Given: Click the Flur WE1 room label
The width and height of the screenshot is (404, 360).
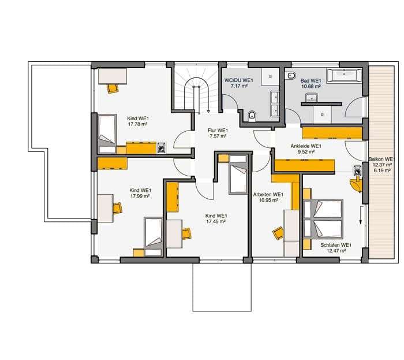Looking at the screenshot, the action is (218, 131).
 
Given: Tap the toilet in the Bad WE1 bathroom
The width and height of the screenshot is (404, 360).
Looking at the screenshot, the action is (291, 75).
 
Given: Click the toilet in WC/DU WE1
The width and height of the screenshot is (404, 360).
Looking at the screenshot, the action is (252, 116).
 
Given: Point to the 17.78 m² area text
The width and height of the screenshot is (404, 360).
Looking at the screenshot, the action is (137, 124).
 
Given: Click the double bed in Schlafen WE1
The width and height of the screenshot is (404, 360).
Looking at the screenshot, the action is (323, 218).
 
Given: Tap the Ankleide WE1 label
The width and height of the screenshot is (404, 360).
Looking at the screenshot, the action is (306, 146).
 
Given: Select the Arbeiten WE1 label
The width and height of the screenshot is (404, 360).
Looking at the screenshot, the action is (268, 195).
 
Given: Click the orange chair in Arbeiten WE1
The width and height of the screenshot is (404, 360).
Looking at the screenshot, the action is (278, 233).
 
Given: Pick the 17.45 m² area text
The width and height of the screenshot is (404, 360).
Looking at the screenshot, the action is (216, 221).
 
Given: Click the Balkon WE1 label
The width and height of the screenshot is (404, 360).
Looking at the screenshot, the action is (380, 159).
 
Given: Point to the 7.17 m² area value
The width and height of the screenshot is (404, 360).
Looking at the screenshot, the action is (239, 86).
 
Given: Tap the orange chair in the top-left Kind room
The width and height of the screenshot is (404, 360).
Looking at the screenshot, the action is (113, 88).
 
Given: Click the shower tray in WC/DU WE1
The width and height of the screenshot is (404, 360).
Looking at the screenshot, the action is (271, 77).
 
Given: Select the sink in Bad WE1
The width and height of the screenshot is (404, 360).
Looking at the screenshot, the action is (312, 98).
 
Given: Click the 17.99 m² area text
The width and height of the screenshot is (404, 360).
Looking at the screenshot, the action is (140, 196).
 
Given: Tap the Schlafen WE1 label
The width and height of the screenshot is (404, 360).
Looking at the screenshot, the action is (336, 245).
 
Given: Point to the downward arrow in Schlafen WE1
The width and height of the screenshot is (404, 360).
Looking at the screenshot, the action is (361, 215).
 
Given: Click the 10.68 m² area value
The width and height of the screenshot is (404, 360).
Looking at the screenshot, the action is (311, 87).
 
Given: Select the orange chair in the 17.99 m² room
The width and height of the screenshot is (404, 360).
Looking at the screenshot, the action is (117, 208).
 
